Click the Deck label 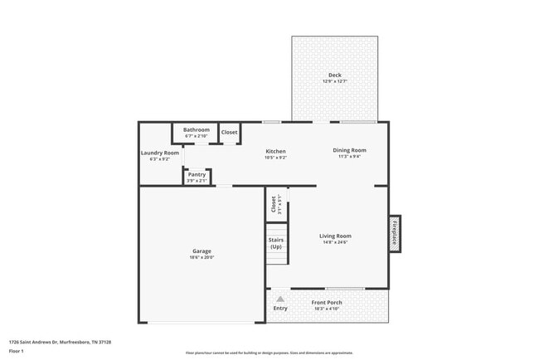(335, 75)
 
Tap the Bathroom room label (197, 129)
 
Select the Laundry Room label (159, 153)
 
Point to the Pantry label (197, 174)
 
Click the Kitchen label (275, 151)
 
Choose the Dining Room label (349, 150)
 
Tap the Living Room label (336, 236)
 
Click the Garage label (202, 251)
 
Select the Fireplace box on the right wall (395, 233)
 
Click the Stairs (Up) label (276, 243)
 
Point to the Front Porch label (327, 303)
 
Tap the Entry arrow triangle (280, 299)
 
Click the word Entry (280, 309)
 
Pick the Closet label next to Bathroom (229, 132)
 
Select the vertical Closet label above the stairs (274, 204)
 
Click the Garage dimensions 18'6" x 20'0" (202, 257)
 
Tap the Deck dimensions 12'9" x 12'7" (335, 81)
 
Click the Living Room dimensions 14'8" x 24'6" (336, 242)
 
